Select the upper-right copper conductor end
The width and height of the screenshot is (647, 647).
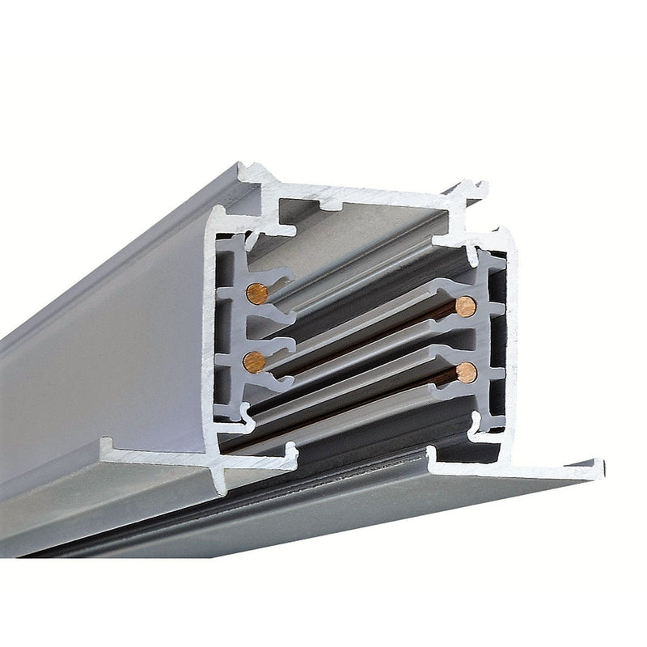coord(465,306)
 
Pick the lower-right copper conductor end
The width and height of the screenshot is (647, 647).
coord(465,372)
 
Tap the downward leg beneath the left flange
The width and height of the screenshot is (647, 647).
coord(220,481)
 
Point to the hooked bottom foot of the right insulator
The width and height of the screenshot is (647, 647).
coord(485,421)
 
